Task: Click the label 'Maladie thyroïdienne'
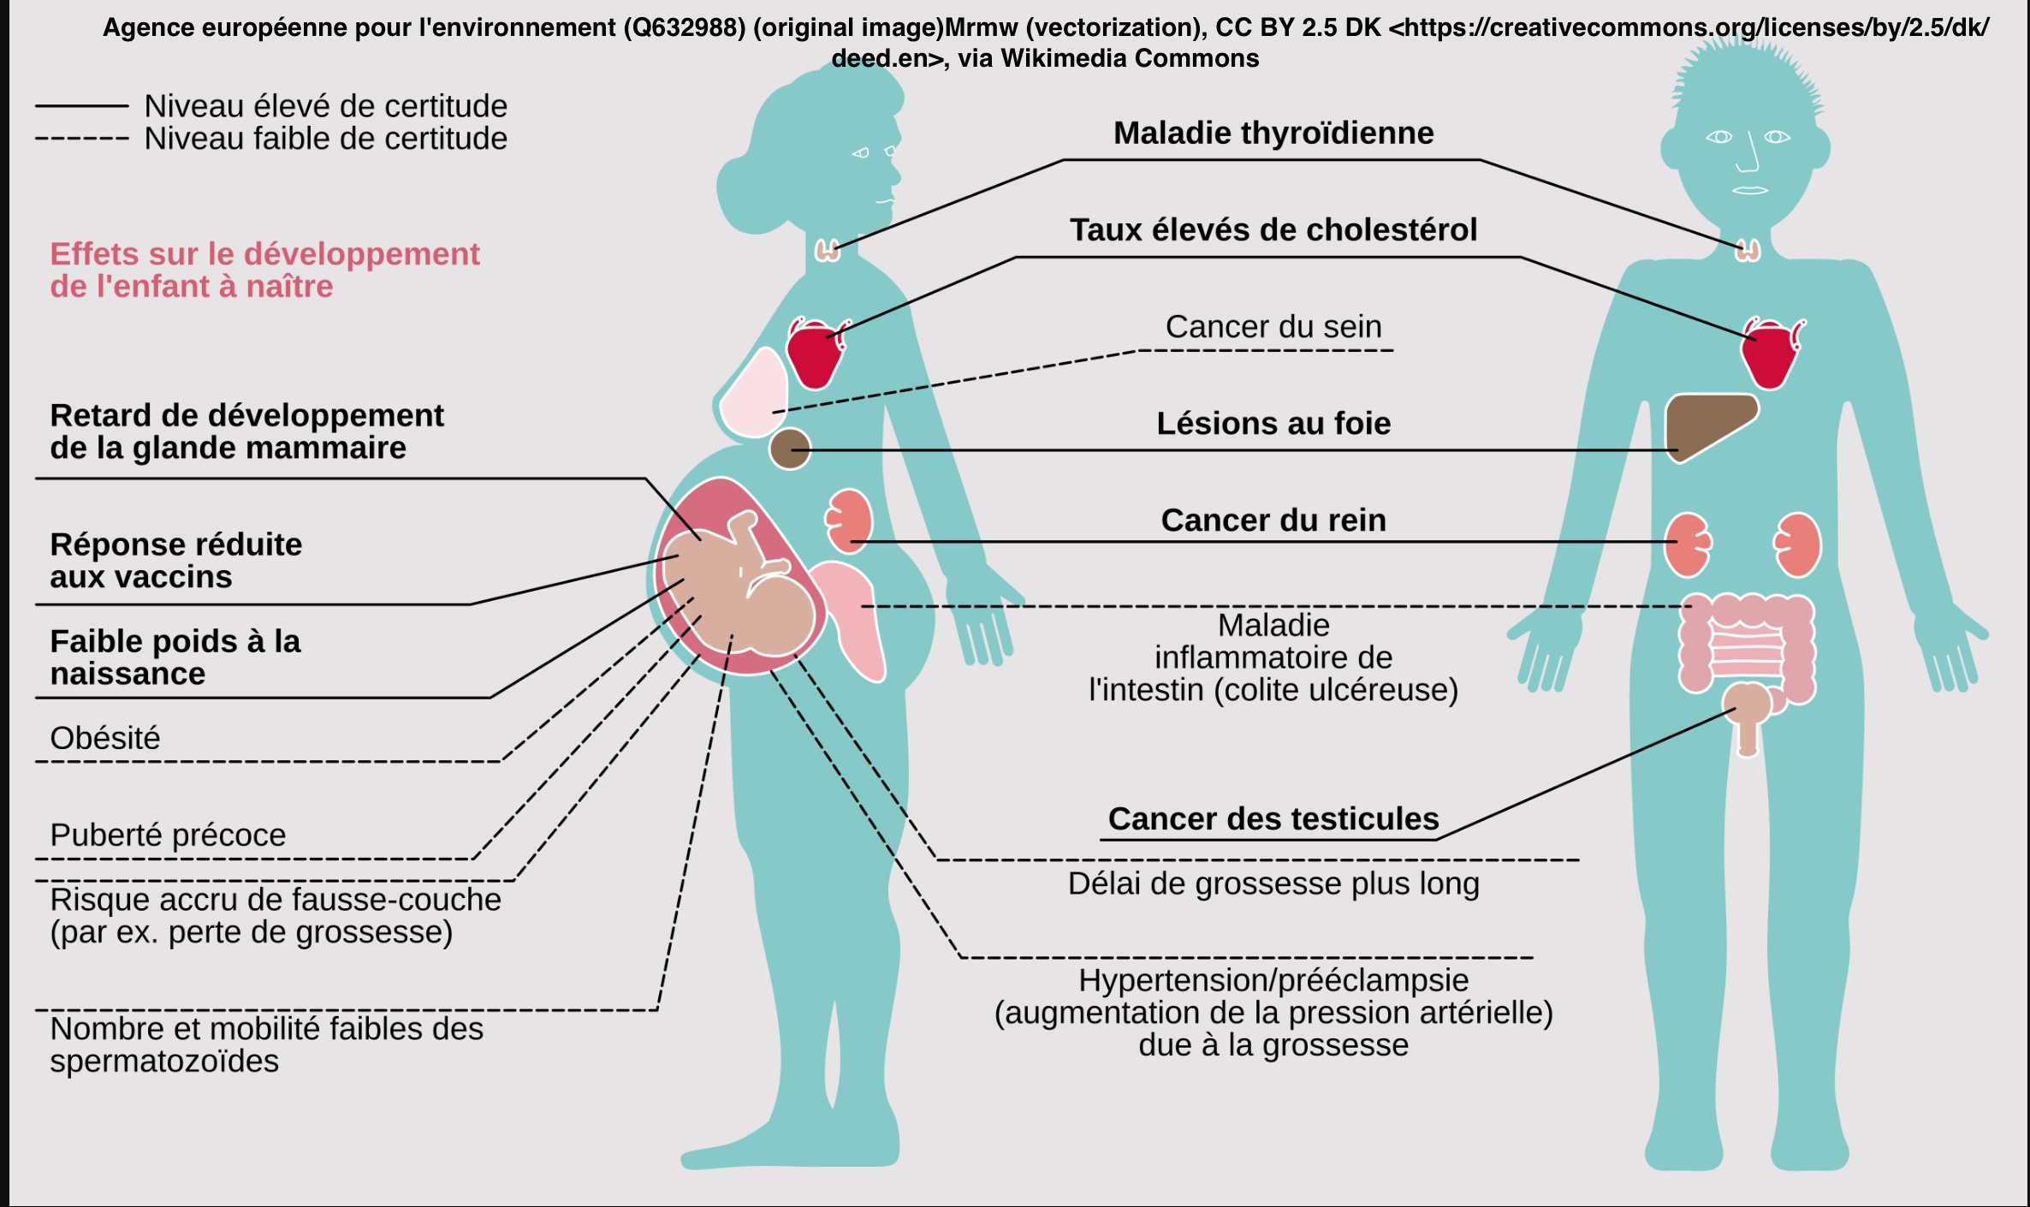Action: click(x=1273, y=134)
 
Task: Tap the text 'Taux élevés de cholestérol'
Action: click(x=1273, y=230)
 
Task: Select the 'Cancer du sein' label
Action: click(x=1273, y=327)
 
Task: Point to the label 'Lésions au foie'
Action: click(x=1273, y=424)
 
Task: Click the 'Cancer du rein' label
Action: click(x=1273, y=520)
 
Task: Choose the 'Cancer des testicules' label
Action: click(x=1273, y=819)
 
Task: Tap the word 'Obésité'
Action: click(x=105, y=738)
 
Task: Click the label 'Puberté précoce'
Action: click(x=168, y=835)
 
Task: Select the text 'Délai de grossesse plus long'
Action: click(x=1273, y=883)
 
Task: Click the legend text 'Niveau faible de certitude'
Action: click(x=325, y=139)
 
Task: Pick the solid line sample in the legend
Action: click(x=81, y=106)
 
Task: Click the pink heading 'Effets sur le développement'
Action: click(x=264, y=254)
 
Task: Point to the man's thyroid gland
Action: click(x=1748, y=251)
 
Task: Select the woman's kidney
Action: click(x=849, y=520)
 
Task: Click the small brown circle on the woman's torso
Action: click(x=789, y=449)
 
